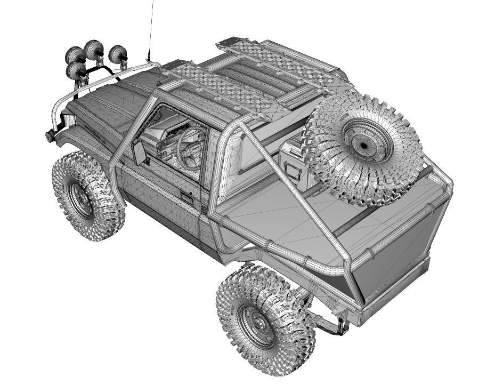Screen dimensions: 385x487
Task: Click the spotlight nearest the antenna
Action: coord(118,54)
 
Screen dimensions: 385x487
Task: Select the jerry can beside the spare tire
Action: coord(290,160)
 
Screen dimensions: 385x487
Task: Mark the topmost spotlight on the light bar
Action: coord(95,47)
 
